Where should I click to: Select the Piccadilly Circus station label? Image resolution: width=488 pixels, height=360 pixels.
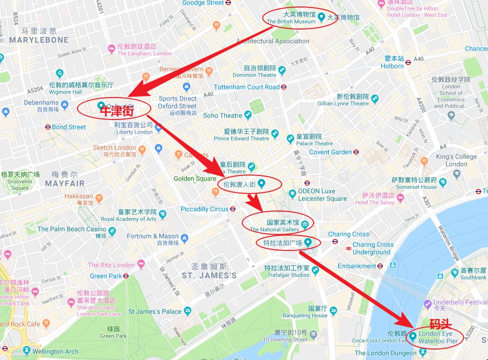click(204, 209)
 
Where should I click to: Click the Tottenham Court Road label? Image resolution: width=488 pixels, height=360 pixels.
click(246, 87)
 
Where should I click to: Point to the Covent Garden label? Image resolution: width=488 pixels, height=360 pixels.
click(330, 152)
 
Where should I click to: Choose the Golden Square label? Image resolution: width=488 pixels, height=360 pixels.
click(195, 178)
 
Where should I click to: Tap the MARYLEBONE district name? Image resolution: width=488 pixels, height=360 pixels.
click(38, 40)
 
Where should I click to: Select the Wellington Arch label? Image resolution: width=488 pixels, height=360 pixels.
click(55, 351)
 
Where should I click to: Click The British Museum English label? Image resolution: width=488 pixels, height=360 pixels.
click(291, 22)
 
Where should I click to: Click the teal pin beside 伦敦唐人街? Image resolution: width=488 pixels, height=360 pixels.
click(261, 183)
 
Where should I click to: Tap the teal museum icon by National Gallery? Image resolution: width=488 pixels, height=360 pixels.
click(304, 222)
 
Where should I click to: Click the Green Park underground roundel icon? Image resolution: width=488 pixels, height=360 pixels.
click(126, 275)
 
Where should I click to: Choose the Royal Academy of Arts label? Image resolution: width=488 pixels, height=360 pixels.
click(129, 219)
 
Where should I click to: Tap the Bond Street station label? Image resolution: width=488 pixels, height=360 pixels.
click(69, 127)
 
